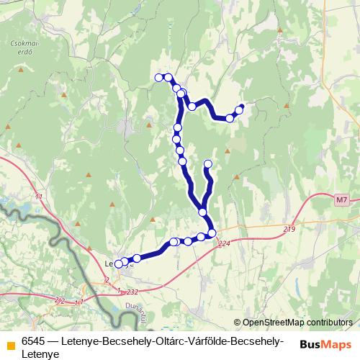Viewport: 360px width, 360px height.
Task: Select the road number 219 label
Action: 289,229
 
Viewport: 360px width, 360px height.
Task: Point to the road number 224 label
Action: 225,243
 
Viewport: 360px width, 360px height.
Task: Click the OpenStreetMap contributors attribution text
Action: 297,322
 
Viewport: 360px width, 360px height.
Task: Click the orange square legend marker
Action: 9,342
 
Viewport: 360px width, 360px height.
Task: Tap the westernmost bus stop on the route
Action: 119,264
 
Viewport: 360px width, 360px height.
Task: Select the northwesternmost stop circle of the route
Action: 159,77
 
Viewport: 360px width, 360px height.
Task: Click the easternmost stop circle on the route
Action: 240,109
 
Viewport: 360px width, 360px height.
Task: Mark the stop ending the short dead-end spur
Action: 208,164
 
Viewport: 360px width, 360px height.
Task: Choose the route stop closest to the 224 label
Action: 212,232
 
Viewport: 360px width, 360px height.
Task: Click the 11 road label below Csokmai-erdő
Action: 38,196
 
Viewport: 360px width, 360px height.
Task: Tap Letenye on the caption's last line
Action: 40,354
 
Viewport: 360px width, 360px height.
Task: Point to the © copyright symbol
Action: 238,322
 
